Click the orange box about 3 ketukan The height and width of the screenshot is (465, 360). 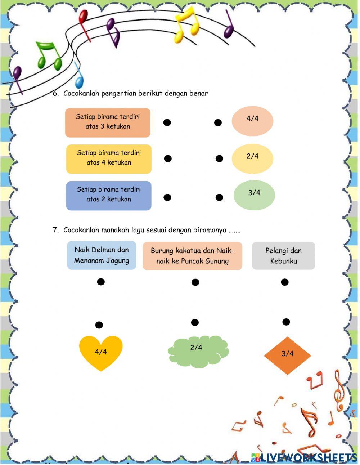coord(108,122)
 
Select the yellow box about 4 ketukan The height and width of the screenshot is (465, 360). coord(109,159)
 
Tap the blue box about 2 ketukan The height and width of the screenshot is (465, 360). coord(109,196)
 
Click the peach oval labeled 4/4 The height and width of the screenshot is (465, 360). coord(252,121)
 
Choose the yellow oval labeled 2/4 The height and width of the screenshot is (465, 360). coord(252,158)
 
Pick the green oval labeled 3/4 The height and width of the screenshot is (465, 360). coord(254,195)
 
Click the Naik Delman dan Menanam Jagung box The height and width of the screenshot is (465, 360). coord(102,255)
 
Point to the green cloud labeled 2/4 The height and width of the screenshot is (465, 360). coord(198,351)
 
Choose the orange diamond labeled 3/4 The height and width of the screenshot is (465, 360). coord(287,355)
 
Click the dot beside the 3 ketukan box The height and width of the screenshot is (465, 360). coord(167,122)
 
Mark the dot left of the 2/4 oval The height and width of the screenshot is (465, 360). coord(219,158)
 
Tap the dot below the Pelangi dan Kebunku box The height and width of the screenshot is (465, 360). coord(285,282)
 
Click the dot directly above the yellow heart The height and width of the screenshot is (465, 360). coord(99,325)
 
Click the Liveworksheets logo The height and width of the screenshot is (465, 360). coord(304,457)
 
